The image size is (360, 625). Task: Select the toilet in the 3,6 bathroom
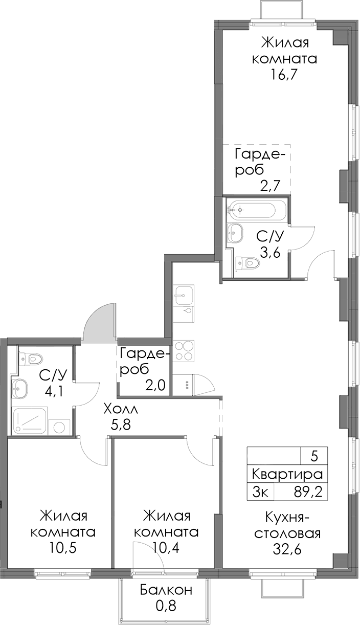pyautogui.click(x=247, y=262)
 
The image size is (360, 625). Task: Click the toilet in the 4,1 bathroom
pyautogui.click(x=31, y=358)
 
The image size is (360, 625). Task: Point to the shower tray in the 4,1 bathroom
pyautogui.click(x=30, y=421)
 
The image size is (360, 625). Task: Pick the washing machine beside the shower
pyautogui.click(x=59, y=427)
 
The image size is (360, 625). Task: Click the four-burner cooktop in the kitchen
pyautogui.click(x=184, y=351)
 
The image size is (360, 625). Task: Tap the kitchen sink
pyautogui.click(x=184, y=295)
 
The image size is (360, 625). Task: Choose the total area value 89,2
pyautogui.click(x=307, y=493)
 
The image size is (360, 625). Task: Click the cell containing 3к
pyautogui.click(x=260, y=493)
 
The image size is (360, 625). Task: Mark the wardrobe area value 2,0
pyautogui.click(x=155, y=385)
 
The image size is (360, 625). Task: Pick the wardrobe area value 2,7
pyautogui.click(x=269, y=186)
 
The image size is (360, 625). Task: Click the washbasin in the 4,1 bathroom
pyautogui.click(x=19, y=388)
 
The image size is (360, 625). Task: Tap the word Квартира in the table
pyautogui.click(x=287, y=474)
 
